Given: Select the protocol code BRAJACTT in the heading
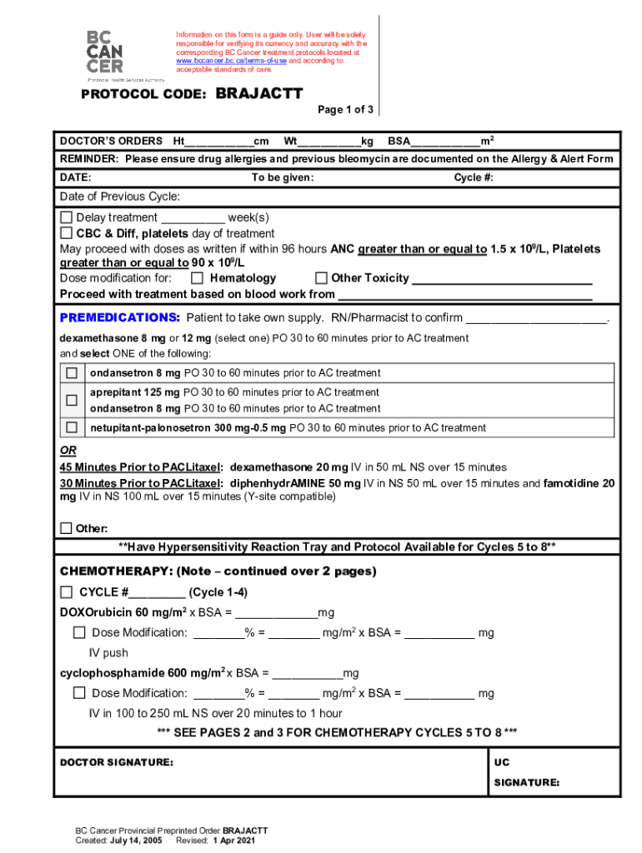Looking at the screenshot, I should point(259,94).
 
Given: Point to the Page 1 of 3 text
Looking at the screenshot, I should point(345,110).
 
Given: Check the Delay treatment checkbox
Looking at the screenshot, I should point(67,217).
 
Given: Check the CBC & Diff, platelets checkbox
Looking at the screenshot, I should point(67,233).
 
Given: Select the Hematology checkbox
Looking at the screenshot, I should point(197,278).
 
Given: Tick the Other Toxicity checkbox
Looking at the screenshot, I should point(320,278).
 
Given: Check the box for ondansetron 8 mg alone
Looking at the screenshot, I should point(72,372).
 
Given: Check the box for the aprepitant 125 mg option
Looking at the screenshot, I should point(72,400).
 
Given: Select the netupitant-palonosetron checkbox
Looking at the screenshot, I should point(72,427).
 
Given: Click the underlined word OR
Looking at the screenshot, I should point(68,450).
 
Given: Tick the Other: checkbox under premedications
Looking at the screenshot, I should point(67,528).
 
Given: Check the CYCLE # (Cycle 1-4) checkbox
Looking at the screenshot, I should point(67,592).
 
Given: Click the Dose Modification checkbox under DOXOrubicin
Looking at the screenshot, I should point(79,632).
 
